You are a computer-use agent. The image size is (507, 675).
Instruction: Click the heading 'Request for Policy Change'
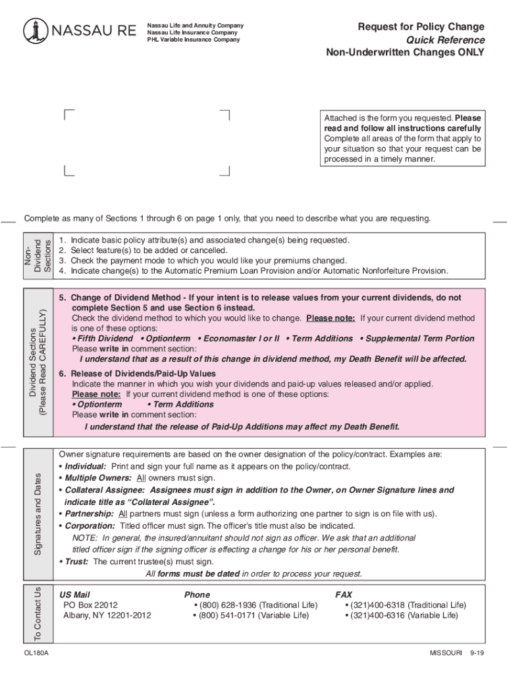421,27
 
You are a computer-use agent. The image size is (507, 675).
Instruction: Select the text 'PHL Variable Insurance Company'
194,40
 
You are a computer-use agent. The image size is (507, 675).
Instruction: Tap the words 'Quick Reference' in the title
445,40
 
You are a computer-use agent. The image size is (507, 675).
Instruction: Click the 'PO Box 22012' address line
90,605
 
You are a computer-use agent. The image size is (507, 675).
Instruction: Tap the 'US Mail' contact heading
74,595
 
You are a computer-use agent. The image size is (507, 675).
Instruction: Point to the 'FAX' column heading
344,595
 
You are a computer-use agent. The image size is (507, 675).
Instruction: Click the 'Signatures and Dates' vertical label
38,514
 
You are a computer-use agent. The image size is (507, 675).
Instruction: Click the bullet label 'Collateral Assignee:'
105,490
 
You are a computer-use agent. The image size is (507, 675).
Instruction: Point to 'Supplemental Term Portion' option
419,339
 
